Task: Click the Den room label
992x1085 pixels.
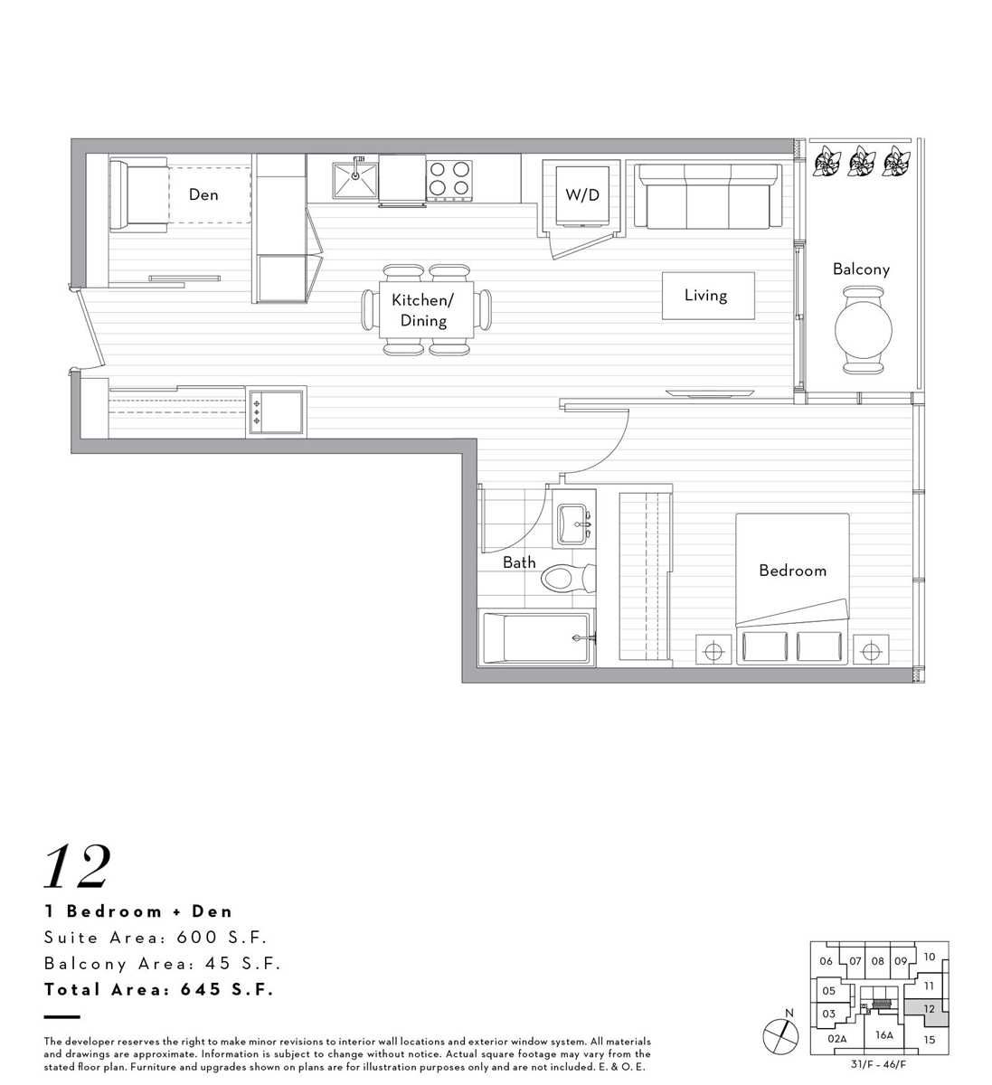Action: click(x=203, y=194)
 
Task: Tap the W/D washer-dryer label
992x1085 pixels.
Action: click(x=582, y=195)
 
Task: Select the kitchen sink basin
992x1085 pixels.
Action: click(x=355, y=180)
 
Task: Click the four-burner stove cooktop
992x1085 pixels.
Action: click(x=449, y=178)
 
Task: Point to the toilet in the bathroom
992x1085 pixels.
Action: click(x=568, y=578)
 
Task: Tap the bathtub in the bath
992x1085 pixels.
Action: click(x=535, y=637)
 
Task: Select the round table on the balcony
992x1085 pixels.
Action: click(x=864, y=329)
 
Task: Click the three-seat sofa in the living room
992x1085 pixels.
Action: click(x=708, y=195)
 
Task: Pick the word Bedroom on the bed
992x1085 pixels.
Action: click(x=792, y=571)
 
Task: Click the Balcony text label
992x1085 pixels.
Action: click(x=861, y=269)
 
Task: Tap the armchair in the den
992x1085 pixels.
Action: click(x=138, y=195)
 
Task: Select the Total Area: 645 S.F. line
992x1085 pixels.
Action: click(x=159, y=989)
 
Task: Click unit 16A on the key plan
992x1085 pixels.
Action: click(x=884, y=1034)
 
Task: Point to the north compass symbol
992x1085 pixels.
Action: click(x=780, y=1035)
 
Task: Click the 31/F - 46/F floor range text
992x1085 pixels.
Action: click(x=878, y=1064)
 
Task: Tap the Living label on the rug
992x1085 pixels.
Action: click(x=705, y=296)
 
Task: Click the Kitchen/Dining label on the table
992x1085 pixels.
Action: click(x=423, y=310)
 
